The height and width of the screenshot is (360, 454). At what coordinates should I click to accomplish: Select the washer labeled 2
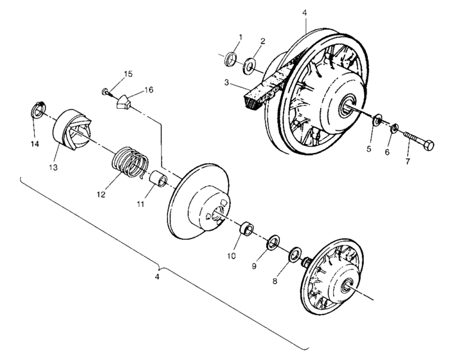tap(250, 65)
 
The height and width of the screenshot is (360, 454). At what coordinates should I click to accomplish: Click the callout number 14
tap(35, 144)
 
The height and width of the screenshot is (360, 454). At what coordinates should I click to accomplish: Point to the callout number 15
tap(128, 75)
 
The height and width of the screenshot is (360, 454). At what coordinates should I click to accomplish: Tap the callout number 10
tap(232, 255)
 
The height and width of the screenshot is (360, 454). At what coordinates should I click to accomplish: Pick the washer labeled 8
tap(296, 253)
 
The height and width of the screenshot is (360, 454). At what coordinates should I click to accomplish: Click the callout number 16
tap(149, 90)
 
